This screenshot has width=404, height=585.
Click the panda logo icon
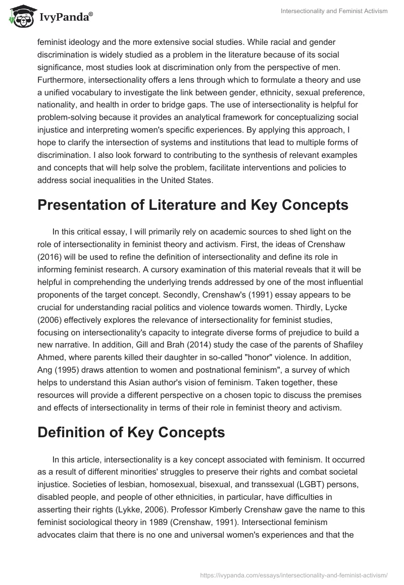click(x=18, y=16)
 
